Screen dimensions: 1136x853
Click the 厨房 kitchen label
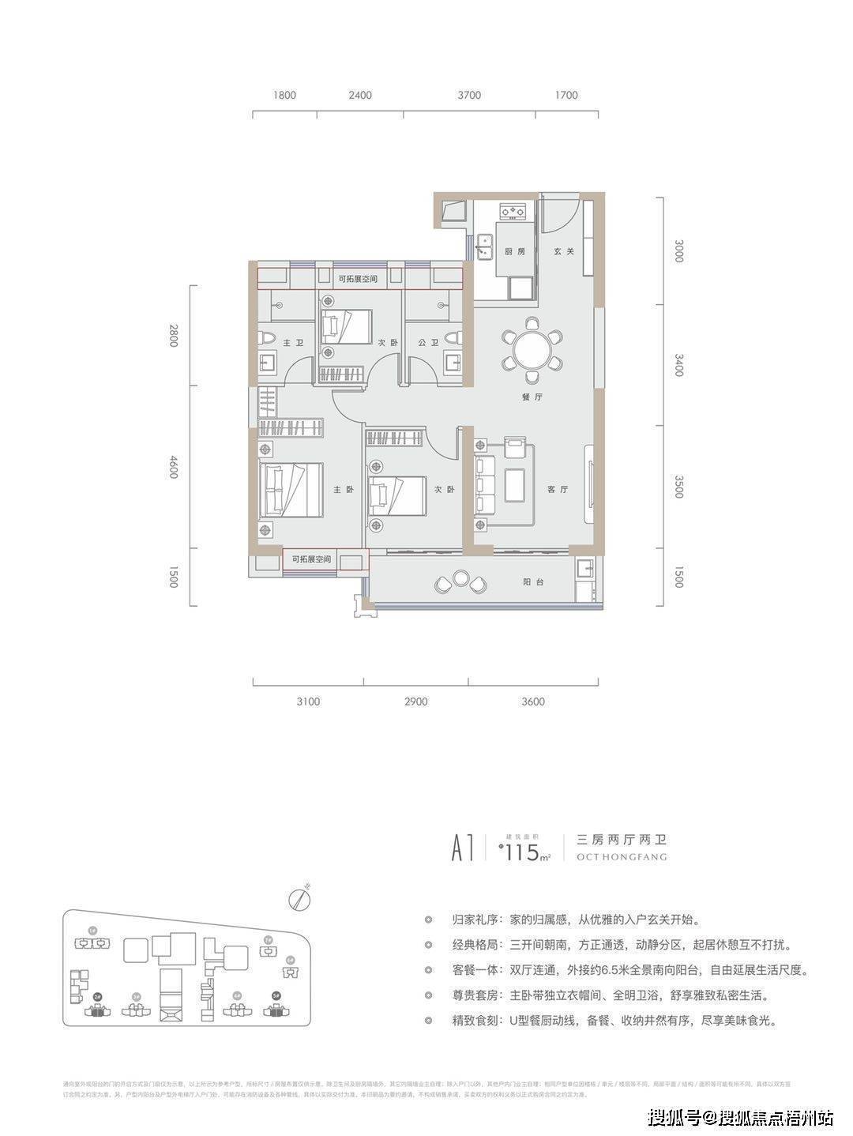coord(516,252)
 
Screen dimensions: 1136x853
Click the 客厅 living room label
coord(558,490)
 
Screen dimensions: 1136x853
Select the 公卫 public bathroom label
coord(428,343)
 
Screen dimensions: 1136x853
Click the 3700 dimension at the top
coord(468,96)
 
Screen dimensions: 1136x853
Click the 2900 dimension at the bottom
coord(415,702)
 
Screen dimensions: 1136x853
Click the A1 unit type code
coord(462,850)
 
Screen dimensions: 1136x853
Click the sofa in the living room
coord(483,483)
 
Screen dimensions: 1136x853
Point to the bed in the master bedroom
coord(289,490)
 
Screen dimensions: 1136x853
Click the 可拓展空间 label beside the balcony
coord(311,560)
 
